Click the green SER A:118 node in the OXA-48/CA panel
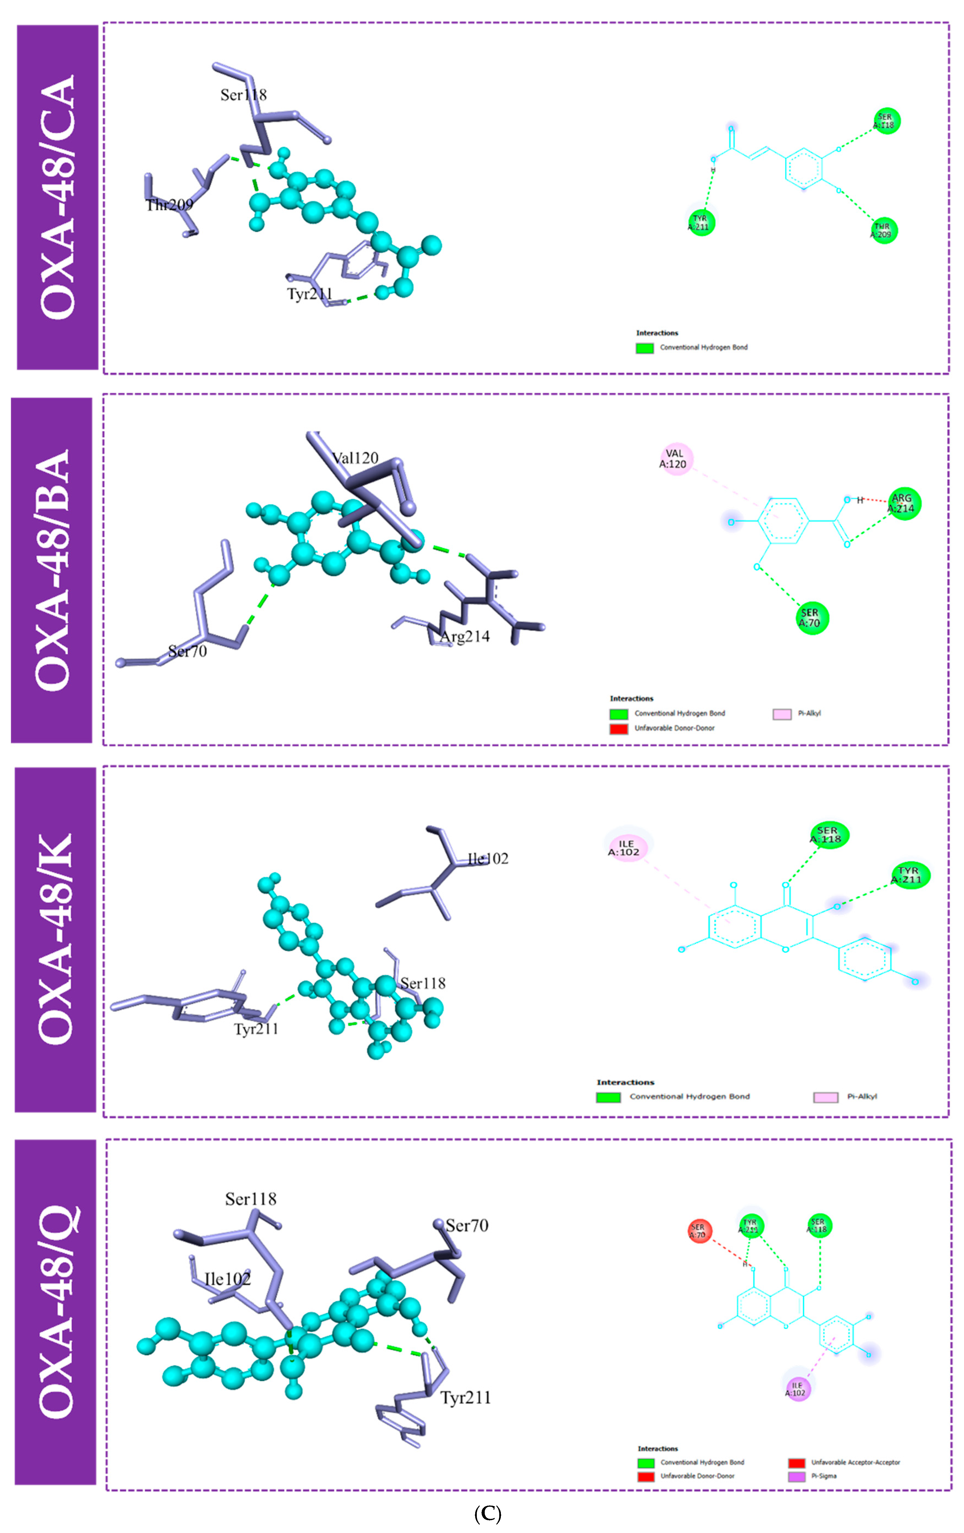(885, 121)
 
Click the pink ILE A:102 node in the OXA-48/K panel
(628, 848)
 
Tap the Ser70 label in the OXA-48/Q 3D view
(467, 1225)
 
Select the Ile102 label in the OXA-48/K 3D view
(488, 859)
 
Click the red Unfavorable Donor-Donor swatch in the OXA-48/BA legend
(618, 728)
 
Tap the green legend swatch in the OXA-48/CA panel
(644, 347)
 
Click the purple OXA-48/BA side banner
(51, 570)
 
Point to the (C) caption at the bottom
(488, 1514)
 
